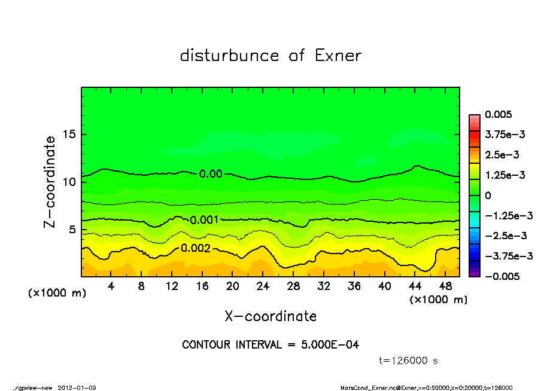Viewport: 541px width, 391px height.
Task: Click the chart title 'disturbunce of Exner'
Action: [270, 56]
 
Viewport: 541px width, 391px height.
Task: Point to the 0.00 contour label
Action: [211, 174]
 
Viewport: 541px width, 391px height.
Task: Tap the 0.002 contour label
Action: [196, 248]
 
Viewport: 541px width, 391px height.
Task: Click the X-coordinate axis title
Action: [270, 316]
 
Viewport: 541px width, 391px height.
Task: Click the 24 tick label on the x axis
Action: [263, 286]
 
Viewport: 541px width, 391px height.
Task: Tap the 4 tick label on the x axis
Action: [111, 286]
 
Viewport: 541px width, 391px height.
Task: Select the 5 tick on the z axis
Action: [74, 230]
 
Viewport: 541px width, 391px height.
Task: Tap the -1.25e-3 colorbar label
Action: [509, 215]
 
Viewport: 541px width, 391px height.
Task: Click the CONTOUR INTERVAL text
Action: [270, 345]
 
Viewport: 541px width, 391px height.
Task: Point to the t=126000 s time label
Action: [409, 361]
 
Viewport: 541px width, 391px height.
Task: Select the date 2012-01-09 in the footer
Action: [77, 387]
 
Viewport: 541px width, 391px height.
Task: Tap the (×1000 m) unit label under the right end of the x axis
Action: [438, 300]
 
